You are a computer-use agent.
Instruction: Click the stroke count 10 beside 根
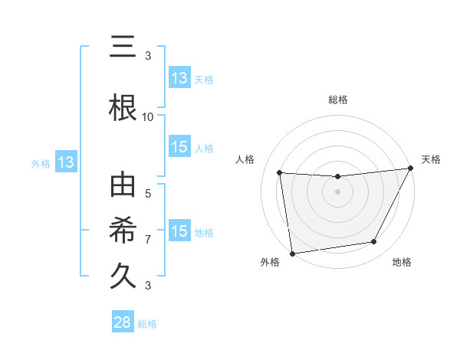click(x=148, y=117)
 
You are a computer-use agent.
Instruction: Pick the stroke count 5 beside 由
click(x=148, y=195)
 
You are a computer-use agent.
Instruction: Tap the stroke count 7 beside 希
click(x=148, y=240)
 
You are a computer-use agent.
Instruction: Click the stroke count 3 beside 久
click(x=148, y=286)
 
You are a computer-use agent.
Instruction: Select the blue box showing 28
click(x=123, y=322)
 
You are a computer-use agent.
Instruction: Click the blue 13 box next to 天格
click(x=179, y=78)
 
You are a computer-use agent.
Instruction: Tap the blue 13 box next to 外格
click(x=65, y=162)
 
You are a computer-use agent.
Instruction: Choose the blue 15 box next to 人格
click(x=179, y=148)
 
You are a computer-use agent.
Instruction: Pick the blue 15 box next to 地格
click(x=179, y=231)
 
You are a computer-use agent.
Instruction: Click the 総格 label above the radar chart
click(x=337, y=100)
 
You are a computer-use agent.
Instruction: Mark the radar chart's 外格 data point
click(x=292, y=253)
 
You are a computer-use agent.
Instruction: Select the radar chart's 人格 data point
click(x=280, y=173)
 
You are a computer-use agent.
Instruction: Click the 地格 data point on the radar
click(x=374, y=242)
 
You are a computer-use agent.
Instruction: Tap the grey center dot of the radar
click(x=337, y=191)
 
